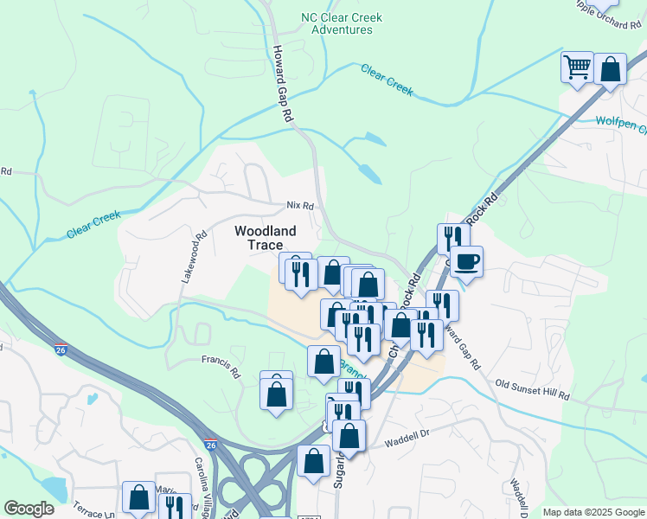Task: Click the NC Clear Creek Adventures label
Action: coord(336,23)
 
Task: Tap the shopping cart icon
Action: coord(577,67)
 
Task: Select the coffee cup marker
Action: coord(466,261)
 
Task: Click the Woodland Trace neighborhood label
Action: coord(265,238)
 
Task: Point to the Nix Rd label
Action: coord(299,206)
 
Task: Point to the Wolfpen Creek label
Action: coord(620,123)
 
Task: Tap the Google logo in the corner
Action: coord(29,509)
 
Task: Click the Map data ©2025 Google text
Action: coord(593,512)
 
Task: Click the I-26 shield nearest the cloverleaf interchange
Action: coord(210,445)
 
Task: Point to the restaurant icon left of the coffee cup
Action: coord(453,238)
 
